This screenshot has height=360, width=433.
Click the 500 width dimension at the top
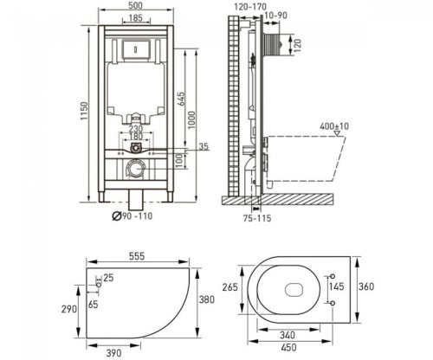(x=136, y=5)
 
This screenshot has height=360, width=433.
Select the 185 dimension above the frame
(x=136, y=18)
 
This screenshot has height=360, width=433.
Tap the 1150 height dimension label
(x=84, y=111)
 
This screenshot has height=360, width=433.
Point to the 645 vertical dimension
(x=181, y=99)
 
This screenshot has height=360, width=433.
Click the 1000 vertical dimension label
(x=192, y=120)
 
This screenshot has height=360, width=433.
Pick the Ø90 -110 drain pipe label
(x=132, y=216)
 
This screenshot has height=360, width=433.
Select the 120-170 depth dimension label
(x=250, y=7)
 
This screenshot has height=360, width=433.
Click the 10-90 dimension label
(x=275, y=16)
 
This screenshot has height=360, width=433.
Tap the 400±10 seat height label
(x=334, y=126)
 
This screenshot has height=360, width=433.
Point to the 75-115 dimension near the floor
(x=257, y=218)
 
